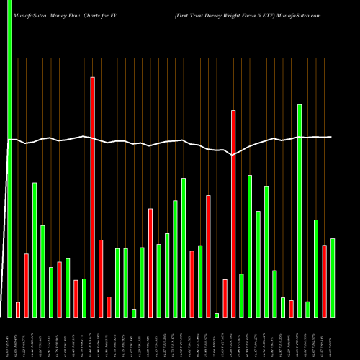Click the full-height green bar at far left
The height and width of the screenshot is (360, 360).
point(10,158)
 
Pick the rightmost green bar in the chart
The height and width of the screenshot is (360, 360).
point(333,277)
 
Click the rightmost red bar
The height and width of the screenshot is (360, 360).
point(325,281)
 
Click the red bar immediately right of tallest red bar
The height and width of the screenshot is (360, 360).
point(101,278)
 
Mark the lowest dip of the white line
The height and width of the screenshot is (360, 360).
point(232,154)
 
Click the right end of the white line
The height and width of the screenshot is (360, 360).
point(331,137)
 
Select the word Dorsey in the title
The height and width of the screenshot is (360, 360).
point(212,14)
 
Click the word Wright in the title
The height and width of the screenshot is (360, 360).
point(234,14)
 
